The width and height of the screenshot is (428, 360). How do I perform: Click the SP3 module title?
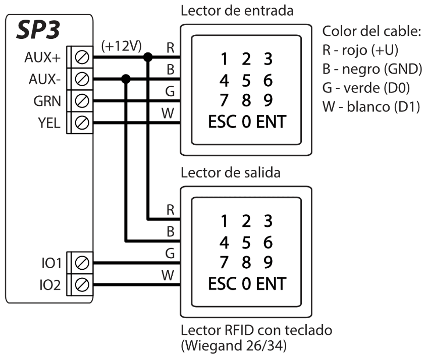pos(38,31)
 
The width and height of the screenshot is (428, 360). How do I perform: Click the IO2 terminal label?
pos(50,285)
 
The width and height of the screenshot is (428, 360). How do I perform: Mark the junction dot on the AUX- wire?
pos(126,79)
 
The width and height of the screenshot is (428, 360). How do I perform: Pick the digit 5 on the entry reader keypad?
pos(246,80)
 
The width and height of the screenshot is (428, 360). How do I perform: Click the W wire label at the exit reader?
pos(171,275)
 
